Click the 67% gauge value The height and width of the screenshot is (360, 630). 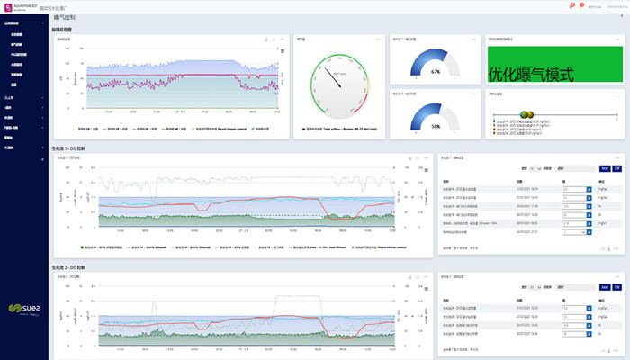436,71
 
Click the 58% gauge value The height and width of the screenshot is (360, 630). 436,126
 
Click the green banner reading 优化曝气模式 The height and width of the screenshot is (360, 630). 530,75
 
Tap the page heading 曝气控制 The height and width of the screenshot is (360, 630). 66,17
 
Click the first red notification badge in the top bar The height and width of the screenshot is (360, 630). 571,6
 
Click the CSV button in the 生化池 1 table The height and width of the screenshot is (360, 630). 617,168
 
